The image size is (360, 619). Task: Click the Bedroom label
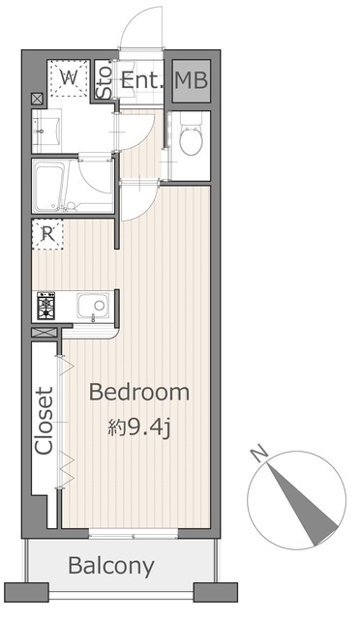(x=139, y=392)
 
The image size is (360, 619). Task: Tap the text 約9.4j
(x=138, y=427)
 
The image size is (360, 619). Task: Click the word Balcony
(x=111, y=567)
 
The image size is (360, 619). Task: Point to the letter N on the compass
(x=259, y=454)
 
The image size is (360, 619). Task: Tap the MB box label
(x=192, y=80)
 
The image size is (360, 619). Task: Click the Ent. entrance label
(x=141, y=80)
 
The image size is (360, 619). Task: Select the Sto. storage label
(x=105, y=81)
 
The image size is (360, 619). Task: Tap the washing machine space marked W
(x=69, y=77)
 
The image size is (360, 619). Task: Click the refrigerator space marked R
(x=47, y=234)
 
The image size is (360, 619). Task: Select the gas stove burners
(x=46, y=306)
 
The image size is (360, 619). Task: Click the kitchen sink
(x=93, y=306)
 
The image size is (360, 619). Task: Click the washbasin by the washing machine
(x=46, y=132)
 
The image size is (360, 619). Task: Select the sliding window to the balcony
(x=134, y=535)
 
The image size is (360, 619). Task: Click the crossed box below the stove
(x=45, y=333)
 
